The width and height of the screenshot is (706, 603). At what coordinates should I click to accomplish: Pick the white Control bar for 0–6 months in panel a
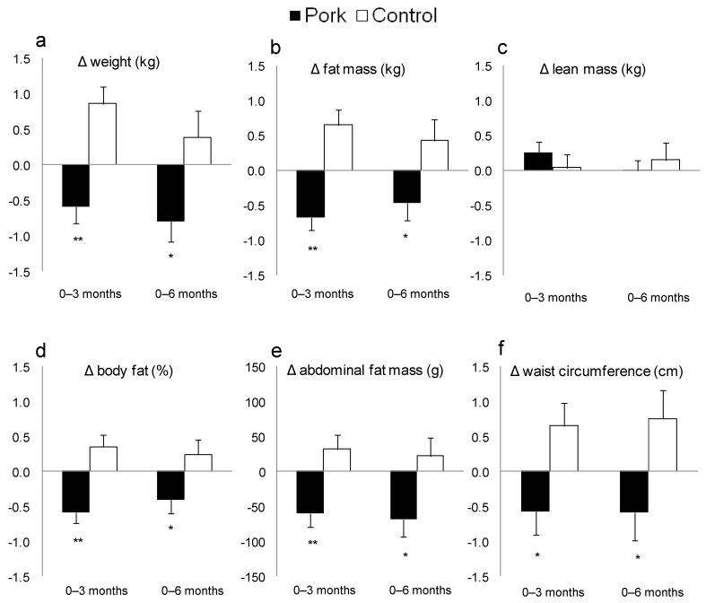coord(196,151)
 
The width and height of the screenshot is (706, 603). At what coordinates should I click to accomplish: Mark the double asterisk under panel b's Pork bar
coord(310,249)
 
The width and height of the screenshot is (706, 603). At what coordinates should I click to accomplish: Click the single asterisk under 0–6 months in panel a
coord(170,257)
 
